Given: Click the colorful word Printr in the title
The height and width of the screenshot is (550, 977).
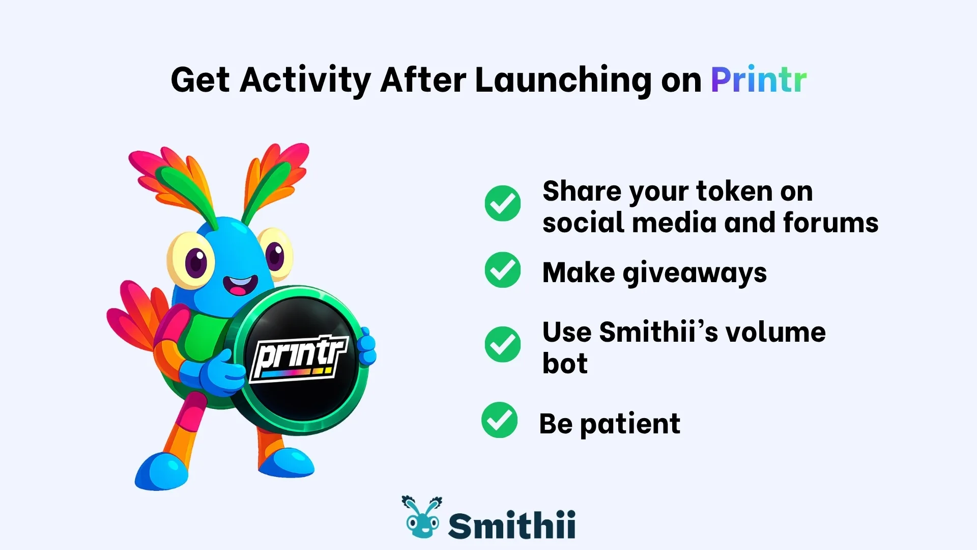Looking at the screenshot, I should (758, 80).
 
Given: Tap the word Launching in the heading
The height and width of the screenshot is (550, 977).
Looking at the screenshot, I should (563, 80).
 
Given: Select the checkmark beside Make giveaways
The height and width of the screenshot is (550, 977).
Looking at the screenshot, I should (502, 270).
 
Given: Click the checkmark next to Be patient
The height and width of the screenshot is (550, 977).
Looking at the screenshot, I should (499, 420).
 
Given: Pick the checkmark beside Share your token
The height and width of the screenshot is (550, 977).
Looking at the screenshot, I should (502, 203).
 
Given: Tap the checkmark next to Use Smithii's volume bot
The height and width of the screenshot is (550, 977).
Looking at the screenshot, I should (502, 345).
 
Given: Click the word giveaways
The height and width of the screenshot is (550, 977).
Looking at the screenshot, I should (694, 273).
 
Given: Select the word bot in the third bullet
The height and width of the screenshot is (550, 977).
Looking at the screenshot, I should (565, 364).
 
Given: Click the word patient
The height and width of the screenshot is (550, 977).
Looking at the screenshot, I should (630, 424).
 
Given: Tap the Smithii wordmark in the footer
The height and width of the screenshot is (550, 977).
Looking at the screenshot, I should (511, 525).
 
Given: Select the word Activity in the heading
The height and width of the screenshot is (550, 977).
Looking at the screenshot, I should (305, 80).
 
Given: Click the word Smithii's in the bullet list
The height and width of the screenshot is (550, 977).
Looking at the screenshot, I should (658, 333).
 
